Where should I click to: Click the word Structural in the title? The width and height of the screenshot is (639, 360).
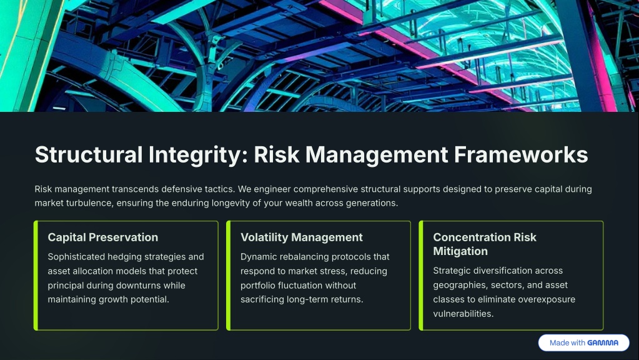coord(89,155)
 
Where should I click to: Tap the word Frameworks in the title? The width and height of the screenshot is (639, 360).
coord(521,155)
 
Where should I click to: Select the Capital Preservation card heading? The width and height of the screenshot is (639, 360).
coord(102,237)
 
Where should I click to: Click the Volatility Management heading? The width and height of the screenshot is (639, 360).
coord(302,237)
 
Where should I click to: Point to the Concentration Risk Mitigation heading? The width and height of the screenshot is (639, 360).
coord(485,244)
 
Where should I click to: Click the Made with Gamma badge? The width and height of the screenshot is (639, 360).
coord(583,343)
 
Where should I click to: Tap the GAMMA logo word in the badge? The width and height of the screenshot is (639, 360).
coord(603,343)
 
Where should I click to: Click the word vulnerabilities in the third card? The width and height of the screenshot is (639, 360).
coord(463,314)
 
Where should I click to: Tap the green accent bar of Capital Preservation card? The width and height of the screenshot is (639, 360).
coord(36,276)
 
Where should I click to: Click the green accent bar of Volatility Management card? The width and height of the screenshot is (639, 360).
coord(229,276)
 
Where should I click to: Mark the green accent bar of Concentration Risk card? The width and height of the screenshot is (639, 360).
coord(421,276)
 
